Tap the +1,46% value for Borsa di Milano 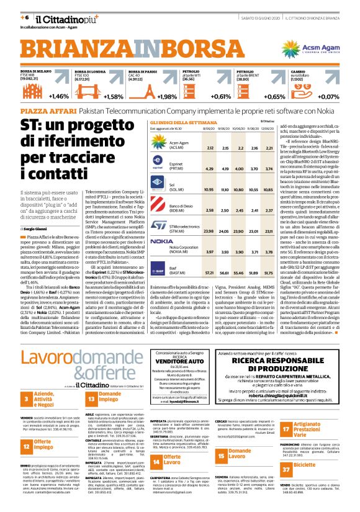click(x=59, y=96)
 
